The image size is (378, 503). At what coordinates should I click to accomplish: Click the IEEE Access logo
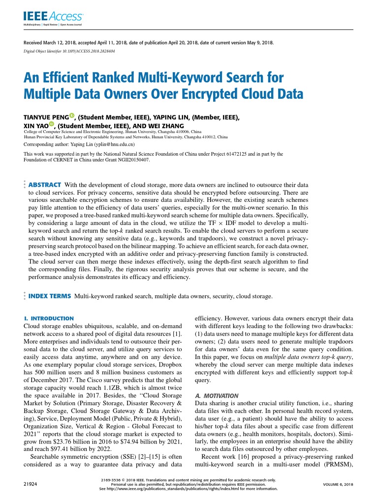[53, 18]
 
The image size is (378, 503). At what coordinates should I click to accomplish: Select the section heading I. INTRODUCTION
[49, 318]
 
